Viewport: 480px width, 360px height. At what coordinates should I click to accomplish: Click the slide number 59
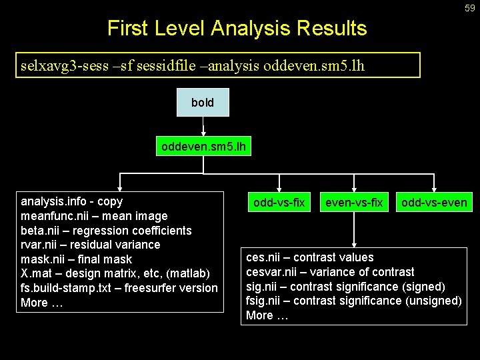(470, 8)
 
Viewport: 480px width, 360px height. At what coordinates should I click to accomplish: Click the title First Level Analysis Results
(237, 28)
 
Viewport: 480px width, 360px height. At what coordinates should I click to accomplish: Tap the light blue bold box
(203, 103)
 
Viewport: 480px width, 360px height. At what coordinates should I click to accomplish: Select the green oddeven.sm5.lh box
(203, 146)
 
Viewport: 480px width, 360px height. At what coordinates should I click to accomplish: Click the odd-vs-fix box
(279, 202)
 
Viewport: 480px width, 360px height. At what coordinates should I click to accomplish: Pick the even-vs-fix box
(353, 202)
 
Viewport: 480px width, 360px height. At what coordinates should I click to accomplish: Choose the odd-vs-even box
(434, 202)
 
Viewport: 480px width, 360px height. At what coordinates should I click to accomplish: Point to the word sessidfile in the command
(154, 66)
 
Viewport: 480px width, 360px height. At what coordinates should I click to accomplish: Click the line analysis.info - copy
(72, 201)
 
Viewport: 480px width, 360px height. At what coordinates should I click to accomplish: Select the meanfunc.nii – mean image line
(94, 216)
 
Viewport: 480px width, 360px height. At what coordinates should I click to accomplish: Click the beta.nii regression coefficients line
(106, 231)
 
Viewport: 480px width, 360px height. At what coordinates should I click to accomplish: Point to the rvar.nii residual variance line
(91, 245)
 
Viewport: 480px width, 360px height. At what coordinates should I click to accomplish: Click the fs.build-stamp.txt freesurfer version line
(119, 288)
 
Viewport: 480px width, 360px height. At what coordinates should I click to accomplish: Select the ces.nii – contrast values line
(310, 257)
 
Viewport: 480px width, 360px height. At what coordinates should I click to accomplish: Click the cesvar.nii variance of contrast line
(330, 272)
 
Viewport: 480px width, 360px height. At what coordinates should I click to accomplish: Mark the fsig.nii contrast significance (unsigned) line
(353, 301)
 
